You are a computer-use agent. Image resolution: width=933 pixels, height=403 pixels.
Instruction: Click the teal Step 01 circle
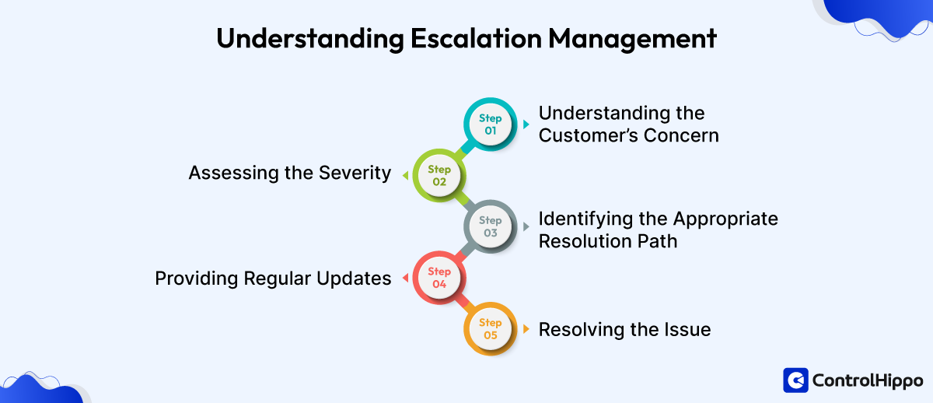pyautogui.click(x=490, y=124)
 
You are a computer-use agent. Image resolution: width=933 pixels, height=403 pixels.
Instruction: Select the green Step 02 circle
pyautogui.click(x=439, y=175)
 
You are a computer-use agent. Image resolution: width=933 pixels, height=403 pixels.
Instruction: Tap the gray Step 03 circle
pyautogui.click(x=490, y=226)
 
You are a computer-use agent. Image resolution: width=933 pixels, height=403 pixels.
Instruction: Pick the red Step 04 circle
pyautogui.click(x=439, y=278)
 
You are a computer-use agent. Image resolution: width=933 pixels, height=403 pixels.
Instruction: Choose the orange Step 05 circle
pyautogui.click(x=490, y=328)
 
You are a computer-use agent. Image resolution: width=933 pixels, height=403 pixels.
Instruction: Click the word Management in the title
pyautogui.click(x=638, y=39)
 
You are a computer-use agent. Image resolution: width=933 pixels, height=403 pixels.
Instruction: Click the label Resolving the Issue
pyautogui.click(x=624, y=329)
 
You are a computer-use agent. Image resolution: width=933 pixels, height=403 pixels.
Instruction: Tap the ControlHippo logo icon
pyautogui.click(x=795, y=380)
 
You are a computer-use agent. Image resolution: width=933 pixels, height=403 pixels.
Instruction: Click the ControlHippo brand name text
pyautogui.click(x=867, y=380)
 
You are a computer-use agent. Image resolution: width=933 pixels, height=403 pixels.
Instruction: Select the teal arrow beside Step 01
pyautogui.click(x=526, y=124)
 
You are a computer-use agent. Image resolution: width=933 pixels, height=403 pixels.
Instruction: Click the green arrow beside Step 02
pyautogui.click(x=404, y=175)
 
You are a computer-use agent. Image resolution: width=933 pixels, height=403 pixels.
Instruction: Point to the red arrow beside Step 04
pyautogui.click(x=404, y=278)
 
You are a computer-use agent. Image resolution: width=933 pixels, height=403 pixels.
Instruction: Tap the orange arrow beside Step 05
pyautogui.click(x=526, y=328)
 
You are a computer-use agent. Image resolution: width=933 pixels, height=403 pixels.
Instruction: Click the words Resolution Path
pyautogui.click(x=607, y=241)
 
